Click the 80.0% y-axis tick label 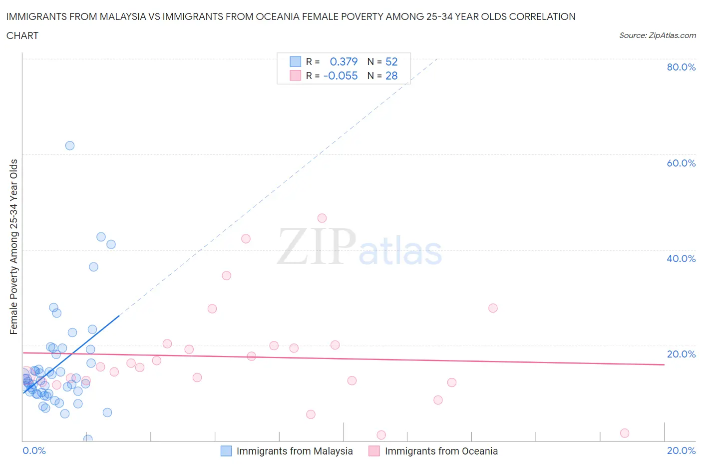point(681,67)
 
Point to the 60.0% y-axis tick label point(681,163)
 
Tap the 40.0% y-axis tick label point(681,258)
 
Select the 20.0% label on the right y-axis point(681,354)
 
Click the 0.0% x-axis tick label point(34,450)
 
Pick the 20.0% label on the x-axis point(681,450)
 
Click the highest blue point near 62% point(70,145)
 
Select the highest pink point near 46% point(322,218)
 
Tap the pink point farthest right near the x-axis point(625,433)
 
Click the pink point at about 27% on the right point(493,308)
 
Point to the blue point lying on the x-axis point(88,439)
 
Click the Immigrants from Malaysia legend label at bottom point(295,451)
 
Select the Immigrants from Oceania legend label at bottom point(441,451)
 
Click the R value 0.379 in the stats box point(344,61)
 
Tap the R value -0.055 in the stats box point(341,76)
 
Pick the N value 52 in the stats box point(391,61)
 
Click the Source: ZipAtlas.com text point(657,35)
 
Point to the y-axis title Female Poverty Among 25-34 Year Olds point(14,246)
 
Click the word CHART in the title point(22,35)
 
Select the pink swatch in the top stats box point(296,76)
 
